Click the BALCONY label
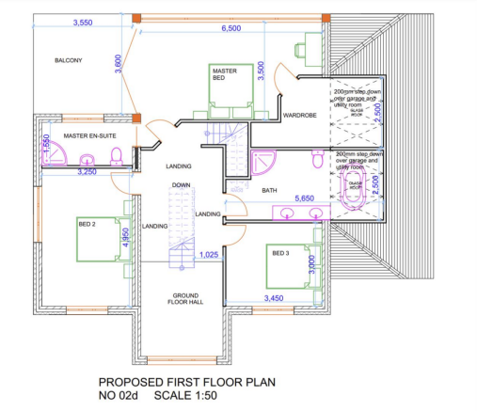[x=68, y=61]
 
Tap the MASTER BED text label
[x=224, y=74]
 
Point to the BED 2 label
[x=87, y=224]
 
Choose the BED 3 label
[x=280, y=253]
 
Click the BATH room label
[x=269, y=190]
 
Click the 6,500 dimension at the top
[x=231, y=29]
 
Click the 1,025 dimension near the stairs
[x=208, y=255]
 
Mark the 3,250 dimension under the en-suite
[x=87, y=172]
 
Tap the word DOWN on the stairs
[x=182, y=184]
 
